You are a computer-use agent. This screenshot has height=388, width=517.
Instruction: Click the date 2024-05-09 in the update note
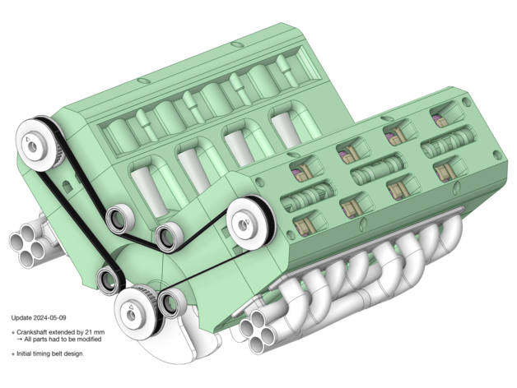(x=49, y=318)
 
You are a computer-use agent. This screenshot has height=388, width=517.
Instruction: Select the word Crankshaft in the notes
(x=31, y=332)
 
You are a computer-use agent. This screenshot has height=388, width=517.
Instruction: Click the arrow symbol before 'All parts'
(x=20, y=339)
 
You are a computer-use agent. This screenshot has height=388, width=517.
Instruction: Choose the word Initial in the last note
(x=24, y=353)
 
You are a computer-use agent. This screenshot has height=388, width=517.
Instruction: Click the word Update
(x=21, y=318)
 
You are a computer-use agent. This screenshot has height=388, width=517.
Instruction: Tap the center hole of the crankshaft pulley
(x=131, y=315)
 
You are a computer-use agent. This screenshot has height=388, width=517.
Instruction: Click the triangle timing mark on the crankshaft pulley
(x=131, y=307)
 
